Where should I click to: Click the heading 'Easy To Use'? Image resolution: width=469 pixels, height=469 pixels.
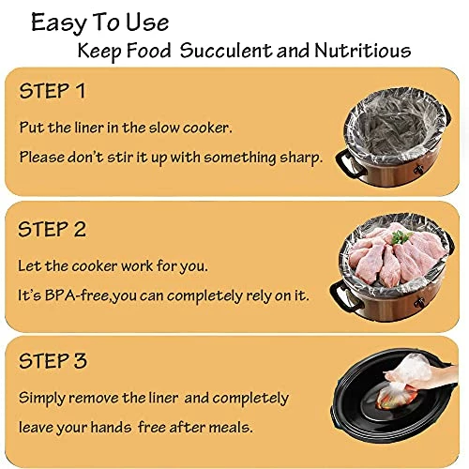click(100, 23)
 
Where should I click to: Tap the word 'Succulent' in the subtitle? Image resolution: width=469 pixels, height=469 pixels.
click(226, 51)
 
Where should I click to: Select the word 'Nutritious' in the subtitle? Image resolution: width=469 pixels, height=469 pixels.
click(363, 51)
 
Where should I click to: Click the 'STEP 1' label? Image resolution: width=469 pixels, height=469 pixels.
click(53, 91)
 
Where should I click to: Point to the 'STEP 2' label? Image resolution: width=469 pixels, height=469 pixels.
click(52, 229)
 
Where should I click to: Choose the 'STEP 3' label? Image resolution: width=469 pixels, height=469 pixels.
click(53, 360)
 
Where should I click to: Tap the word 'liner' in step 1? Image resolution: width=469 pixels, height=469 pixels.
click(89, 128)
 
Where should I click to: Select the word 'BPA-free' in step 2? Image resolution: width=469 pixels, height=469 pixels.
click(76, 295)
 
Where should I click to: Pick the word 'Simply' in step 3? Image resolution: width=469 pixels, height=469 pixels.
click(41, 399)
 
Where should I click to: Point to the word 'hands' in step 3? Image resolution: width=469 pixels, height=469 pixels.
click(111, 427)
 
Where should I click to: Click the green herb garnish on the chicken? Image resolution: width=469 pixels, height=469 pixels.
click(401, 236)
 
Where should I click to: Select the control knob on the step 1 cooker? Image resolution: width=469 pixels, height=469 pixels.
click(418, 170)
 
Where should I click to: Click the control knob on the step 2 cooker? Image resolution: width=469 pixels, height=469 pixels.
click(418, 302)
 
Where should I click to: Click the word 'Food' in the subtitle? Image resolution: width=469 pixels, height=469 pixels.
click(148, 51)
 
